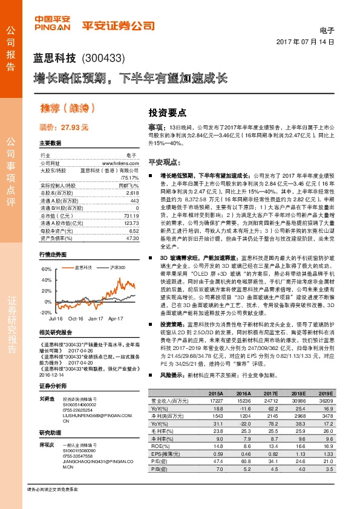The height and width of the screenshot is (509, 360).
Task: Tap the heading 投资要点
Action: (168, 112)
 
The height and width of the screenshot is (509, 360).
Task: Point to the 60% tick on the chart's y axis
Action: (47, 268)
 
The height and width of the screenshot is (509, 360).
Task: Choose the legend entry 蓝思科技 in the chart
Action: (83, 267)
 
